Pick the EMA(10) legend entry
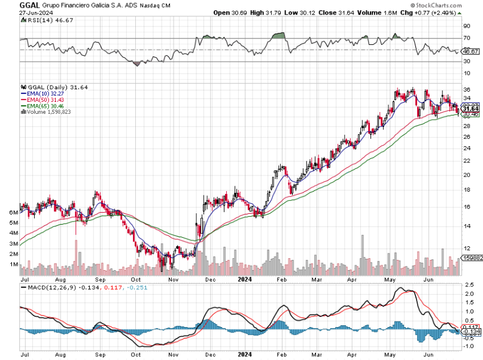[x=41, y=93]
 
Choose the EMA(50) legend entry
[x=41, y=99]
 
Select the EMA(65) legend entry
[x=41, y=105]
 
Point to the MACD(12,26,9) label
[x=45, y=288]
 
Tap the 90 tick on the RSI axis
[x=467, y=26]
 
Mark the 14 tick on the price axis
[x=467, y=226]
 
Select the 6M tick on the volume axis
[x=12, y=213]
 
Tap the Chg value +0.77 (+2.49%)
[x=442, y=11]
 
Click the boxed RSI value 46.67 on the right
[x=470, y=52]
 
